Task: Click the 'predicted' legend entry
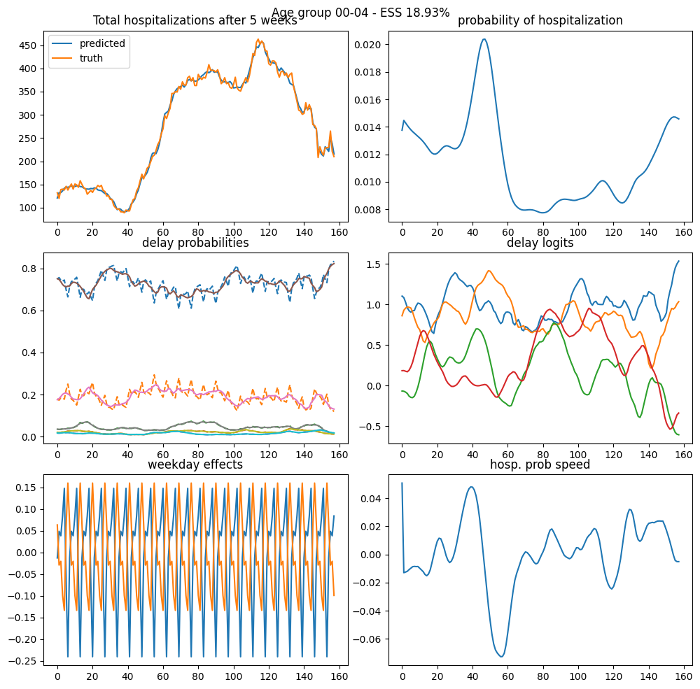pos(101,43)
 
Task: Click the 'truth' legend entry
pos(91,58)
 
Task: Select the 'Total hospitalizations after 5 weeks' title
pos(195,20)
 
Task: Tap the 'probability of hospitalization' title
pos(540,20)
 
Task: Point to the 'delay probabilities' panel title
pos(195,243)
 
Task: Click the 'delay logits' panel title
pos(540,243)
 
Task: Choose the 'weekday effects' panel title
pos(195,464)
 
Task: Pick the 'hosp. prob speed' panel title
pos(540,464)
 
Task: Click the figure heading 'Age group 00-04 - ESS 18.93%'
pos(360,12)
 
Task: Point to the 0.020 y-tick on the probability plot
pos(368,45)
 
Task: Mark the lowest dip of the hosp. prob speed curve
pos(501,656)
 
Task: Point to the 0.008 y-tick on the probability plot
pos(368,209)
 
